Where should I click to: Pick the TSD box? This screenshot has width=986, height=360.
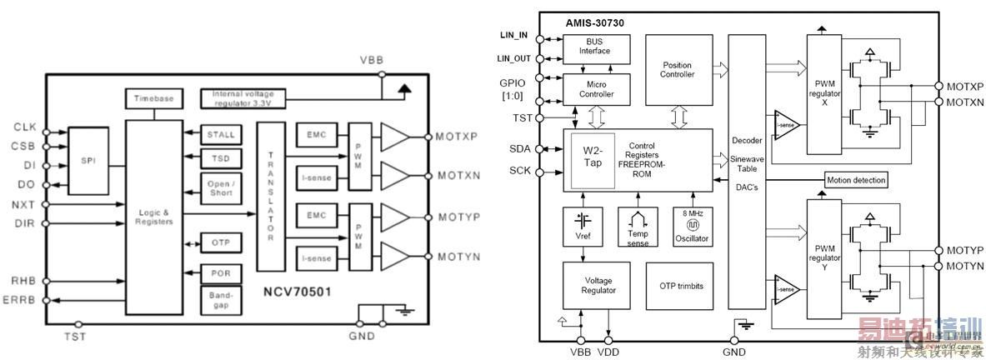[x=220, y=157]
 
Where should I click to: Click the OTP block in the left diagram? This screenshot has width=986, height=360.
[x=220, y=242]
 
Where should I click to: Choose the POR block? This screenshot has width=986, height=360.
[x=220, y=273]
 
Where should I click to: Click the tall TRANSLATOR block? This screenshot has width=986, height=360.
[x=272, y=197]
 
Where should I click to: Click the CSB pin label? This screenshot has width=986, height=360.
[x=24, y=147]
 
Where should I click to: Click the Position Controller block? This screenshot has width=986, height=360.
[x=678, y=70]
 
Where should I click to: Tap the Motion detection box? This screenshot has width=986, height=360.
[x=855, y=180]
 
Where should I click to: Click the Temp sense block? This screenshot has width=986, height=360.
[x=638, y=226]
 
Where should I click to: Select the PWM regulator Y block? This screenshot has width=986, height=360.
[x=825, y=251]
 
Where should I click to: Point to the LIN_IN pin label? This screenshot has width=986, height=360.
[x=513, y=35]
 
